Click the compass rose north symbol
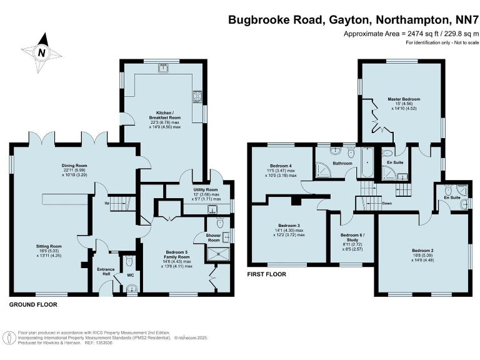[41, 52]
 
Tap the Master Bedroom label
[404, 99]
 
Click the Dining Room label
[74, 166]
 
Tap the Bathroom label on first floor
[342, 164]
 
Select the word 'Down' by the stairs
[386, 203]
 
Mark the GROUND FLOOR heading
[33, 305]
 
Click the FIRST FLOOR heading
[267, 274]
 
